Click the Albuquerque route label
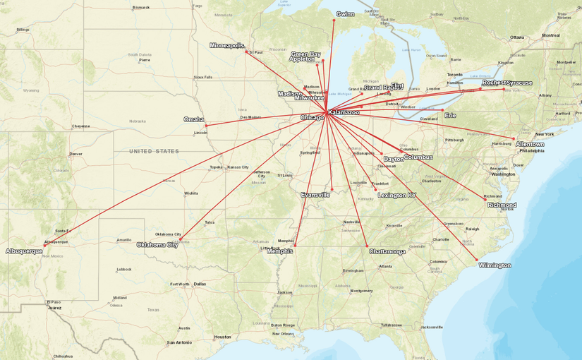[x=24, y=251]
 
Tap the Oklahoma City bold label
[x=157, y=245]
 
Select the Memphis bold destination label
[x=280, y=251]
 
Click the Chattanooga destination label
[x=387, y=251]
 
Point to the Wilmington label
[x=495, y=265]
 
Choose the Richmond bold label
[x=502, y=205]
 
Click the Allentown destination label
[x=530, y=144]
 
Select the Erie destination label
[x=450, y=115]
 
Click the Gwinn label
[x=346, y=14]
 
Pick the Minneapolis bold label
[x=226, y=45]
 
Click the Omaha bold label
[x=194, y=119]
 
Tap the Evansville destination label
[x=315, y=195]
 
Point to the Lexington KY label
[x=397, y=195]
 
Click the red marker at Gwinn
[x=334, y=20]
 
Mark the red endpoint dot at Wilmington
[x=477, y=259]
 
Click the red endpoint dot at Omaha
[x=206, y=126]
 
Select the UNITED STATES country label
[x=154, y=151]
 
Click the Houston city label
[x=222, y=337]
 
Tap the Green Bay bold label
[x=305, y=54]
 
